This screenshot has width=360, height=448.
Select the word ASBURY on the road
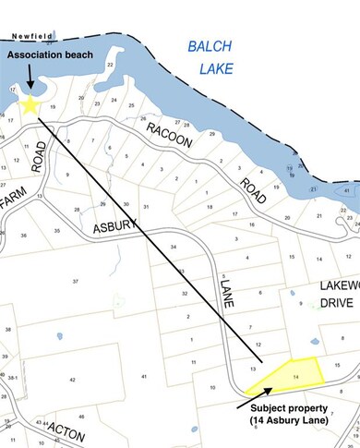pos(114,227)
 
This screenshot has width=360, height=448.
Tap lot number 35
pos(57,231)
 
